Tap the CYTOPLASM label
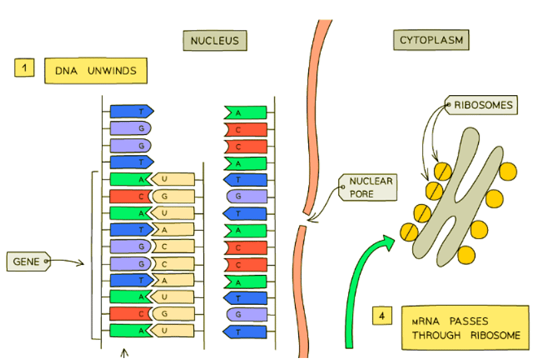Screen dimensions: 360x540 click(431, 41)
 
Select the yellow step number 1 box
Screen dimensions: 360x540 click(24, 67)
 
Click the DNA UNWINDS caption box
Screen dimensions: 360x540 click(95, 71)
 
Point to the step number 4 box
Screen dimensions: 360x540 click(382, 316)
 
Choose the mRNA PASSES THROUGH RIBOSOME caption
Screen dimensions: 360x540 click(465, 327)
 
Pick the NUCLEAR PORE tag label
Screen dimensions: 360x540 click(368, 188)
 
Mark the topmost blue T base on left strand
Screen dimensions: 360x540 click(131, 111)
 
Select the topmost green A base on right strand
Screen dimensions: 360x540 click(246, 112)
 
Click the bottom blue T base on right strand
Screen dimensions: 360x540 click(246, 331)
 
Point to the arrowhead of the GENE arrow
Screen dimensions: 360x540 click(82, 264)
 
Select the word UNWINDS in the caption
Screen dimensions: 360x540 click(115, 71)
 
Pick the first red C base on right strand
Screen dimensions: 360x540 click(246, 129)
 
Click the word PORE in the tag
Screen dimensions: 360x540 click(364, 194)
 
